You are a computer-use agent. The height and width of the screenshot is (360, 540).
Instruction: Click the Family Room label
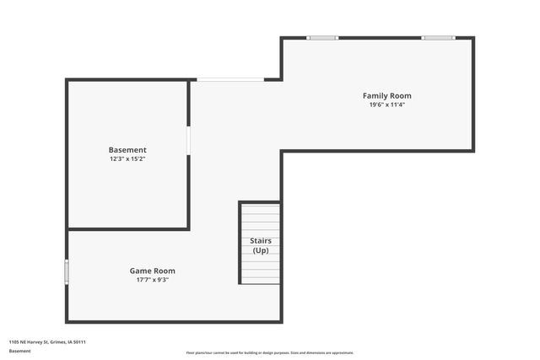(x=387, y=96)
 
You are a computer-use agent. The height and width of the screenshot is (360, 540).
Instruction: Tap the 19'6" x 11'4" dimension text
(x=387, y=105)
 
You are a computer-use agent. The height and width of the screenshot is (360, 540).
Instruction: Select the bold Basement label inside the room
(x=127, y=150)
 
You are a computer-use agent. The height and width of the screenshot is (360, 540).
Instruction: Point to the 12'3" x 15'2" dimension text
(x=127, y=159)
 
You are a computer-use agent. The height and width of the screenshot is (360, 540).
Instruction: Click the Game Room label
(x=152, y=271)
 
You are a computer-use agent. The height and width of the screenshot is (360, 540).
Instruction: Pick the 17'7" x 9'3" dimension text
(x=152, y=280)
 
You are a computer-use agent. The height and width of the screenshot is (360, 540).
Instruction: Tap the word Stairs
(x=261, y=241)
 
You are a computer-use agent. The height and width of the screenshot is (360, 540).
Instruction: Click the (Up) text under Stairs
(x=261, y=250)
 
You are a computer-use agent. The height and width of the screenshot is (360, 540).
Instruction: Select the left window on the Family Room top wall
(x=321, y=38)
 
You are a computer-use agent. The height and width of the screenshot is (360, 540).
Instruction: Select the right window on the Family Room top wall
(x=438, y=38)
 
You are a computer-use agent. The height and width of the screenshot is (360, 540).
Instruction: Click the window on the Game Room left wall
(x=67, y=271)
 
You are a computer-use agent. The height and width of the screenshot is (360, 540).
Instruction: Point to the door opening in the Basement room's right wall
(x=188, y=140)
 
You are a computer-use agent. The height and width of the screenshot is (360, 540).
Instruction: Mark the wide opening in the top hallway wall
(x=229, y=80)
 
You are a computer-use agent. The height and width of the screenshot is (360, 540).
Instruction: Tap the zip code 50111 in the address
(x=80, y=342)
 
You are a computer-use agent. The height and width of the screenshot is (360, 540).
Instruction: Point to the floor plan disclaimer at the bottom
(x=270, y=352)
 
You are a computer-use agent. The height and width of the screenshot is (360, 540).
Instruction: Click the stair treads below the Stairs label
(x=261, y=270)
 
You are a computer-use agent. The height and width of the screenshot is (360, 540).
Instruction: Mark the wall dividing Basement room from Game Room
(x=127, y=228)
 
